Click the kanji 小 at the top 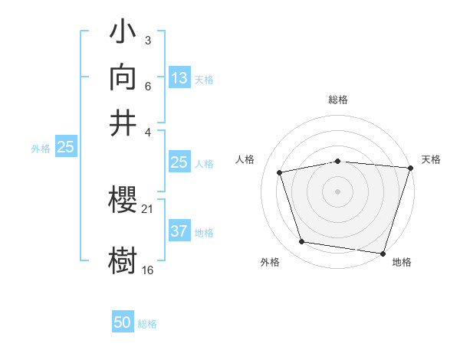click(x=124, y=34)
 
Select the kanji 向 click(x=124, y=78)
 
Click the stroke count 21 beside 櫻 click(x=148, y=208)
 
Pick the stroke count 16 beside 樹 click(x=148, y=269)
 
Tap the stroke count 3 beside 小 click(x=147, y=39)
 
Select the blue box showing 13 click(x=179, y=78)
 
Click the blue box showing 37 click(x=179, y=231)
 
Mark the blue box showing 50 click(x=123, y=323)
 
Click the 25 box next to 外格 click(x=65, y=148)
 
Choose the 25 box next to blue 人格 click(x=179, y=162)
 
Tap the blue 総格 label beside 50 click(x=147, y=324)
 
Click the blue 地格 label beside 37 click(x=204, y=232)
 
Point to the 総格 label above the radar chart click(x=337, y=100)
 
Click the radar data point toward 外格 click(x=302, y=242)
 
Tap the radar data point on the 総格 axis click(x=337, y=161)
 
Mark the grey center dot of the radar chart click(x=337, y=191)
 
